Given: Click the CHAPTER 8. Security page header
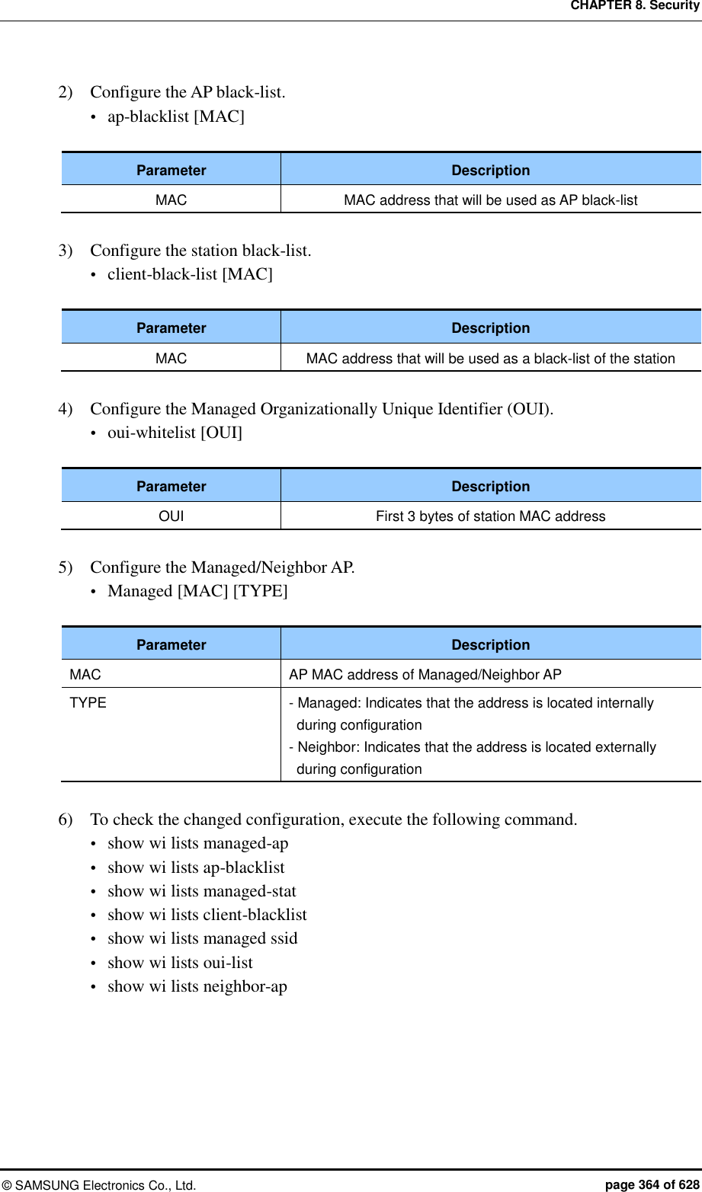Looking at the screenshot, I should pos(634,6).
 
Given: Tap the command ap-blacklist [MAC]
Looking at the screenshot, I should pos(175,117).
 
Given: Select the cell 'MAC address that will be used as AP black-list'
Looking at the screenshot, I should pos(490,200).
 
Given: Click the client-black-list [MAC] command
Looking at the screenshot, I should pos(190,274).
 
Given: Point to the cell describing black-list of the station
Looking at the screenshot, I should pos(490,359).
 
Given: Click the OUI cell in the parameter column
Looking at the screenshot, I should pos(171,516).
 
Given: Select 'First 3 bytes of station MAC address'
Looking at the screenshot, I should pos(490,516).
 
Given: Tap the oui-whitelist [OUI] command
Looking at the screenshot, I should pos(175,433).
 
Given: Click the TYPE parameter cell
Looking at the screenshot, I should pos(88,703).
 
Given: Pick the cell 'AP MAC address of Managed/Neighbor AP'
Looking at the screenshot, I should pos(425,675).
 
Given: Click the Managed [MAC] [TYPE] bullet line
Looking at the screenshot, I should pos(197,591).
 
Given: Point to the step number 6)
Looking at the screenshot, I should pos(66,820).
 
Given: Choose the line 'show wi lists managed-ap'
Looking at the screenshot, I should pos(197,843).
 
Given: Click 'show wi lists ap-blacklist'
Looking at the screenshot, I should pos(196,868).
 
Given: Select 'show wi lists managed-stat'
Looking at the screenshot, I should pos(201,891).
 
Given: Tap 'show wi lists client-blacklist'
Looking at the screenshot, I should pos(207,915).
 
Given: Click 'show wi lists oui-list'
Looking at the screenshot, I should pos(180,963).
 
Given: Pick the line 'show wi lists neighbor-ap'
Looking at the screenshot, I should pos(197,986).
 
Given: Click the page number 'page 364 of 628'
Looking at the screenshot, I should pos(652,1184).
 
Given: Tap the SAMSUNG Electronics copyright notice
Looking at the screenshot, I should pos(99,1185).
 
